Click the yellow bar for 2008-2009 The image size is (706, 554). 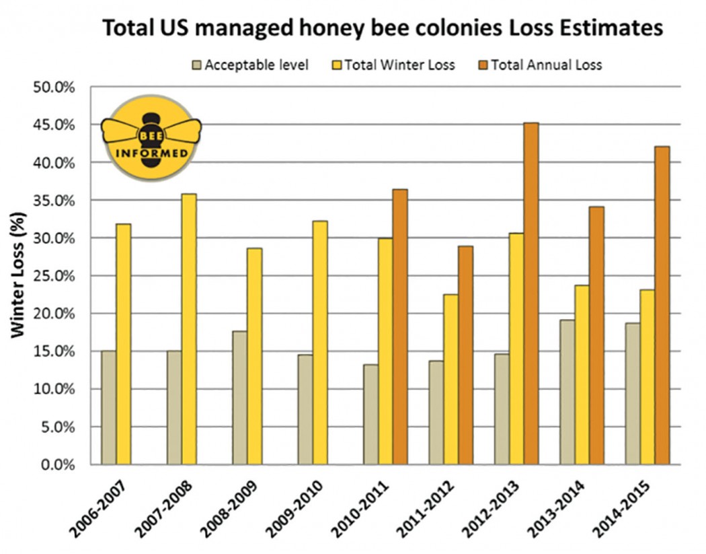click(x=254, y=356)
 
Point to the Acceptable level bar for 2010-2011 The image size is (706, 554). click(x=370, y=414)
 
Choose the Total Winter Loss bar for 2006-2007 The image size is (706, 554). click(x=123, y=344)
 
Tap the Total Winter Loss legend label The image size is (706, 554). click(x=399, y=65)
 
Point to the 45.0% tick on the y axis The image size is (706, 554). click(x=55, y=125)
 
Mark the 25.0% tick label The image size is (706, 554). click(x=55, y=276)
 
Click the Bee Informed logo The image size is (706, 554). click(x=152, y=141)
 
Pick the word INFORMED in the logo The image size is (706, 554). click(x=152, y=151)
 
